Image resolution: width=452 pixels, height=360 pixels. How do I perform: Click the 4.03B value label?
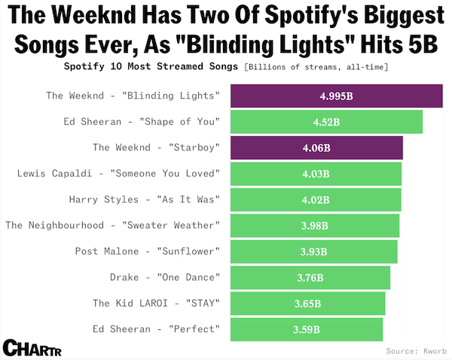316,175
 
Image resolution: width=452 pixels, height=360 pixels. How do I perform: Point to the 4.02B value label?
316,200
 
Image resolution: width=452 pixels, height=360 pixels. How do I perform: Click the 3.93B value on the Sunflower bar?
313,252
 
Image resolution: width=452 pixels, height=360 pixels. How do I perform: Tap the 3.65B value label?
307,304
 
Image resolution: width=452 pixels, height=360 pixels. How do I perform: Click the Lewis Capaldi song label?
118,175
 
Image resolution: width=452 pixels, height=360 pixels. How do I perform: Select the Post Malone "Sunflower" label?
147,252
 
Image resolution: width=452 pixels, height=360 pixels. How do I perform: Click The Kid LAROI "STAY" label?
156,304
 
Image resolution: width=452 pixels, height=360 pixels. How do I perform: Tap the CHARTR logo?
32,348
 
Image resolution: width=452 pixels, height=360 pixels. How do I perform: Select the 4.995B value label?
337,96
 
